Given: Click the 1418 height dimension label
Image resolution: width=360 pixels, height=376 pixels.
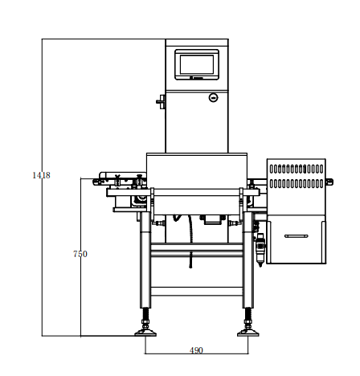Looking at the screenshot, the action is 41,175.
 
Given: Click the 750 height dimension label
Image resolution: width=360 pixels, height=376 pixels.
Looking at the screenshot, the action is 80,254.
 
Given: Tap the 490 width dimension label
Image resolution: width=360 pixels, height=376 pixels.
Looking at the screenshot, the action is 196,350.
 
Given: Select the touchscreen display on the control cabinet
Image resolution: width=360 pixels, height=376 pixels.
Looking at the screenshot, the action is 197,64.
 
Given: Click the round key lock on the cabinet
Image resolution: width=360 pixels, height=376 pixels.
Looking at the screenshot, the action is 213,97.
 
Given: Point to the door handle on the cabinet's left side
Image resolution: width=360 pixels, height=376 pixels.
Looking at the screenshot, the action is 161,102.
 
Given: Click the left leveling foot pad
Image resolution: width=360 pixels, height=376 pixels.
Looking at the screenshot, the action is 145,333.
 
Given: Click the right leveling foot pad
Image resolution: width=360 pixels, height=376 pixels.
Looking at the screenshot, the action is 248,333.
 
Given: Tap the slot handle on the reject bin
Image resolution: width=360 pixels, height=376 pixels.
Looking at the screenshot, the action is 297,236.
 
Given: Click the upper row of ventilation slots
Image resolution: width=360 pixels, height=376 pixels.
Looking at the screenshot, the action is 297,169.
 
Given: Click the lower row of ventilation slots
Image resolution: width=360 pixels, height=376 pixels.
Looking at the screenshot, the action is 297,183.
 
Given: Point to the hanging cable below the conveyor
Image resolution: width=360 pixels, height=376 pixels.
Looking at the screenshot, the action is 190,241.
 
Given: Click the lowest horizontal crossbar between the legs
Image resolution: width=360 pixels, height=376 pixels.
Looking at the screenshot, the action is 197,292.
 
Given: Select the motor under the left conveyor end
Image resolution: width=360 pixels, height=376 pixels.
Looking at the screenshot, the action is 139,201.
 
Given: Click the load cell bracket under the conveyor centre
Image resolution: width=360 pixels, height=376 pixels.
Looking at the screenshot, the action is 212,219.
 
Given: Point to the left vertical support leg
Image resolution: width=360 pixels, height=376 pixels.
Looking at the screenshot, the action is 145,260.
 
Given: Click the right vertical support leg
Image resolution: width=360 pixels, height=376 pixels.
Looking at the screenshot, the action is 248,260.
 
